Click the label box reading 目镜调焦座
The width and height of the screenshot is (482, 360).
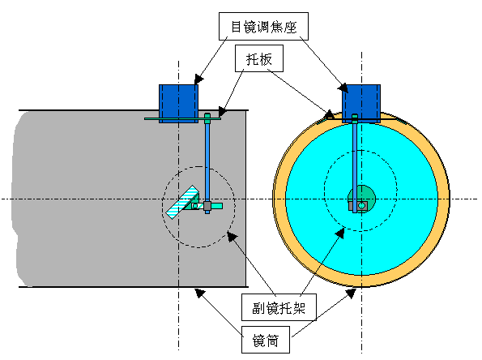pos(263,27)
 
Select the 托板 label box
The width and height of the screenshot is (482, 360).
pos(259,58)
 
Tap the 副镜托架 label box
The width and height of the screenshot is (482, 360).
pos(279,307)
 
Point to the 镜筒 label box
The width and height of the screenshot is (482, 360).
pos(266,340)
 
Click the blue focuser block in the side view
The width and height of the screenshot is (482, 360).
pos(178,104)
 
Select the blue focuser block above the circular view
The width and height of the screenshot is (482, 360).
pos(361,104)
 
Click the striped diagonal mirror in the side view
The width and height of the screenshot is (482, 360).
pos(182,202)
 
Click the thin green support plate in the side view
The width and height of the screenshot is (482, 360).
pos(182,118)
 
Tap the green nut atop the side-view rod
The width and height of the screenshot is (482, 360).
pos(207,116)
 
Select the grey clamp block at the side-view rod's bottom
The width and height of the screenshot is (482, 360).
pos(207,205)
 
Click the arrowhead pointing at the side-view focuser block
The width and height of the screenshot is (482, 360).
pos(198,79)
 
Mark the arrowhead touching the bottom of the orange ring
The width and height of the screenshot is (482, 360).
pos(352,294)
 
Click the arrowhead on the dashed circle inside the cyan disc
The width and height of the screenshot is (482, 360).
pos(340,233)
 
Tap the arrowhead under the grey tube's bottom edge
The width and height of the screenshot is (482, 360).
pos(200,293)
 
